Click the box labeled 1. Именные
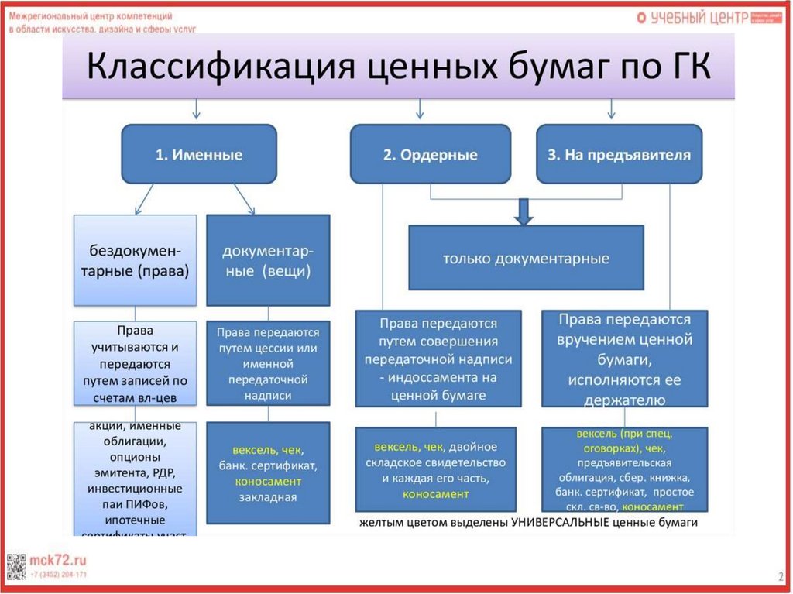click(199, 154)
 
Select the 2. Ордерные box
click(430, 154)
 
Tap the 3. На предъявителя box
click(619, 154)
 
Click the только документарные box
click(526, 258)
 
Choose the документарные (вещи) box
click(268, 260)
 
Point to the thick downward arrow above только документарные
click(524, 211)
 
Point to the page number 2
click(780, 576)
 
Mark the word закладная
click(268, 497)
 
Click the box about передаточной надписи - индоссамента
click(437, 359)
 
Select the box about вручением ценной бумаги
click(624, 359)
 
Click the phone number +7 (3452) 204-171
click(59, 575)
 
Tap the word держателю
click(624, 400)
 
